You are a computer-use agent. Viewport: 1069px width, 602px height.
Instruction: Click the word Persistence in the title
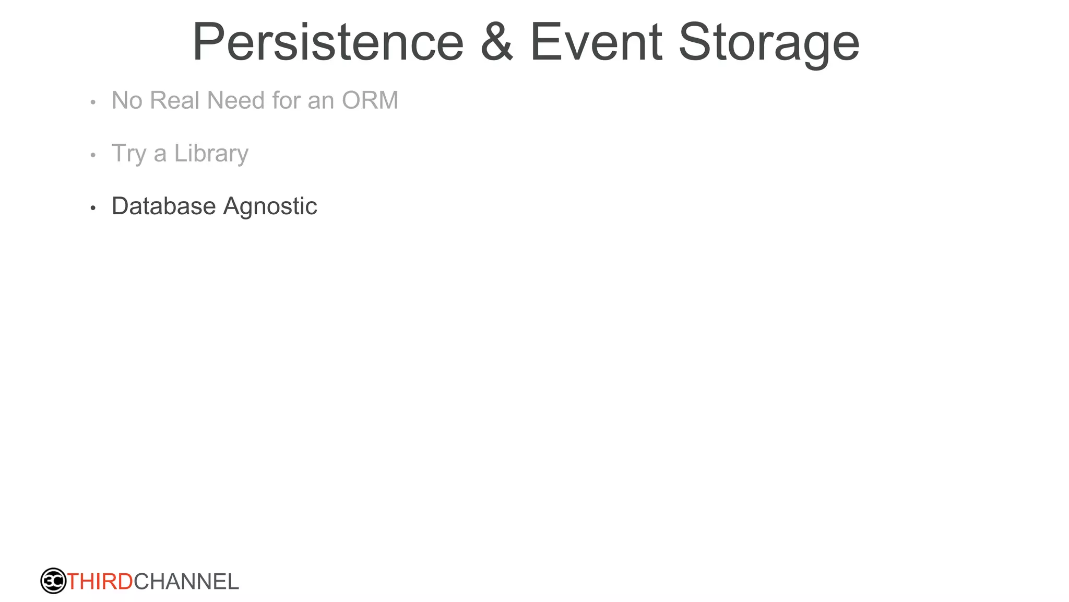[x=328, y=43]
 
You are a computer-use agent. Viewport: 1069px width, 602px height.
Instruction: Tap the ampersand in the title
[x=497, y=43]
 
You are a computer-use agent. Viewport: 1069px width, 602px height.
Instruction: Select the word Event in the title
[x=596, y=43]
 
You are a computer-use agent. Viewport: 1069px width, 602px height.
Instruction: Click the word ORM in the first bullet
[x=370, y=100]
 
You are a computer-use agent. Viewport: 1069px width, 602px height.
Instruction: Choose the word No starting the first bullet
[x=127, y=100]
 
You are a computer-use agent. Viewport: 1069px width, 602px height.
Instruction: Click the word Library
[x=211, y=154]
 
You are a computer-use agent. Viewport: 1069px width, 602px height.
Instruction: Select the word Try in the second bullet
[x=128, y=154]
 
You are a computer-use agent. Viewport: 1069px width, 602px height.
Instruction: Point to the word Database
[x=163, y=206]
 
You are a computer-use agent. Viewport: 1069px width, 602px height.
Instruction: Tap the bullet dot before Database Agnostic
[x=93, y=209]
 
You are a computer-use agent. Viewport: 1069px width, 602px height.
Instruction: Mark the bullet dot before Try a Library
[x=93, y=155]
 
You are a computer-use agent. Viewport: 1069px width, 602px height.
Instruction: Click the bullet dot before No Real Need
[x=93, y=102]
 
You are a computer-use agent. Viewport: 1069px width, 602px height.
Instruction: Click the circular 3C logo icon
[x=53, y=581]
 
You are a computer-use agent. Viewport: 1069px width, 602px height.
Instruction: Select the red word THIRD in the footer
[x=100, y=582]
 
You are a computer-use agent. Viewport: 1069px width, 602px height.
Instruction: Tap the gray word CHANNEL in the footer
[x=186, y=582]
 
